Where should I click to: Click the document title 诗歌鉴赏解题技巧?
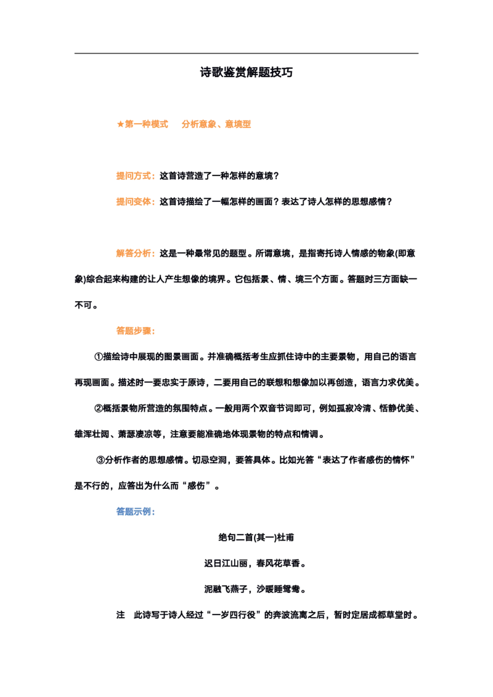[x=246, y=72]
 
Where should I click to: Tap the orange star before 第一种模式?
[x=120, y=124]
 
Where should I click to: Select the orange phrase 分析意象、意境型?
[x=216, y=124]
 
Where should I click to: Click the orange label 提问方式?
[x=136, y=176]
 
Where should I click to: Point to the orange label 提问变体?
[x=136, y=202]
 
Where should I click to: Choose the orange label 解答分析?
[x=136, y=254]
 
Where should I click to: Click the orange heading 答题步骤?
[x=136, y=331]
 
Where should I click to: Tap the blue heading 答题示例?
[x=136, y=512]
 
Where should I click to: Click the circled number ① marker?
[x=99, y=357]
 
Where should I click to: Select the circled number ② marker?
[x=99, y=408]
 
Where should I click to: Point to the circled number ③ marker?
[x=100, y=460]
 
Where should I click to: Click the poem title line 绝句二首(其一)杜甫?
[x=256, y=538]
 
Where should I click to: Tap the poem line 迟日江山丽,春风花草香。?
[x=255, y=563]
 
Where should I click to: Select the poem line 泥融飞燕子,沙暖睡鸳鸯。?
[x=255, y=589]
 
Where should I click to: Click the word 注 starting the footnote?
[x=121, y=615]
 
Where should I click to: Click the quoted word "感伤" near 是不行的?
[x=196, y=486]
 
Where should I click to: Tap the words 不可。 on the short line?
[x=86, y=305]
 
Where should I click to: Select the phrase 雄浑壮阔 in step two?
[x=92, y=434]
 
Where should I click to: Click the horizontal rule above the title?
[x=246, y=54]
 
